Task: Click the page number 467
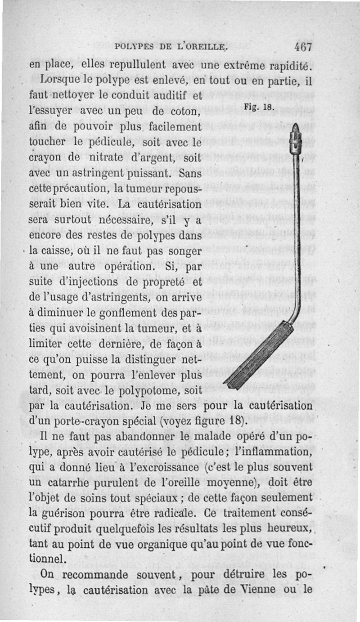point(303,46)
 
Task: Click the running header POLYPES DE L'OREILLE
point(172,46)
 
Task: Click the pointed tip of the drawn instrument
point(296,126)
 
